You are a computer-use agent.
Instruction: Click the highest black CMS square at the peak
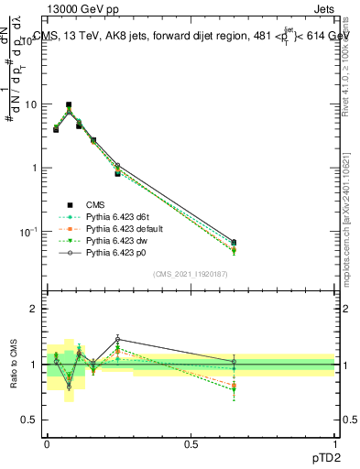[x=69, y=105]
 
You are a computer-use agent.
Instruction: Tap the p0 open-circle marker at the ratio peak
[x=118, y=340]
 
